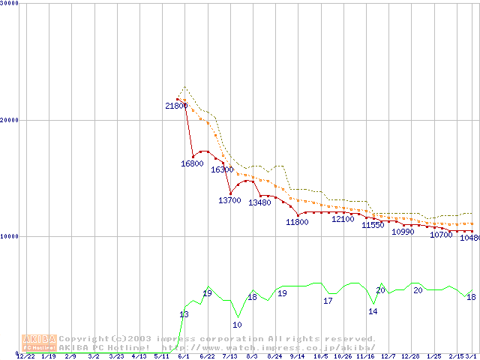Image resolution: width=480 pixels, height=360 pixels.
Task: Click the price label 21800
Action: [176, 106]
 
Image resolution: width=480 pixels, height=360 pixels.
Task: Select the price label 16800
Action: [192, 163]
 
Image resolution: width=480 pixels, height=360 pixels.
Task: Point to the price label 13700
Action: [229, 200]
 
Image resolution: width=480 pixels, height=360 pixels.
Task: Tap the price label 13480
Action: [259, 202]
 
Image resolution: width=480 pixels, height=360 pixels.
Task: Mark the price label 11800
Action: [297, 222]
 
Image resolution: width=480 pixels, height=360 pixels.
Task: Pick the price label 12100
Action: [343, 219]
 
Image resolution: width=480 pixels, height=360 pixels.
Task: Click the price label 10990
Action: [403, 232]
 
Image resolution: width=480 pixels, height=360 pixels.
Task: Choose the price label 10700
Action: [441, 235]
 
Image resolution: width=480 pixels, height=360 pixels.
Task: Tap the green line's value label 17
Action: [328, 301]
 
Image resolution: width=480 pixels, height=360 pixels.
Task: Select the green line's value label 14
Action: [373, 311]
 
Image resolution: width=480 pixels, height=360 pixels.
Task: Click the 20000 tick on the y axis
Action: [10, 120]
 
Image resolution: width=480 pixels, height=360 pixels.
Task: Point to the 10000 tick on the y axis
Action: [10, 236]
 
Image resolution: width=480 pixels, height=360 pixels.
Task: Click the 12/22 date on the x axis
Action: [26, 356]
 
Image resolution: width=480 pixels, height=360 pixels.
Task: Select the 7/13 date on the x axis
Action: [229, 356]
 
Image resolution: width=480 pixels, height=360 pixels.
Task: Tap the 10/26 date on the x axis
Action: [343, 356]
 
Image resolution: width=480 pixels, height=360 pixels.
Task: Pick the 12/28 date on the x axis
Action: [410, 356]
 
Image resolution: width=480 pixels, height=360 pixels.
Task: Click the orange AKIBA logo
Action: [39, 343]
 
